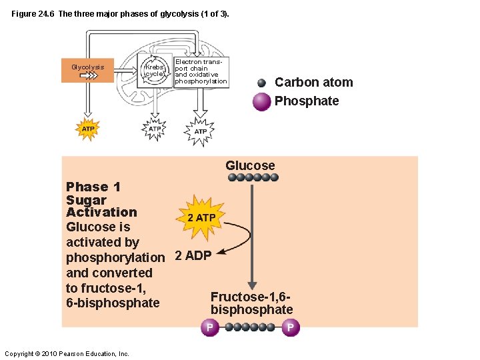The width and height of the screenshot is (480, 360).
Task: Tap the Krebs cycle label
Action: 155,71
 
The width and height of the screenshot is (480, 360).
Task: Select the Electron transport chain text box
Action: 200,71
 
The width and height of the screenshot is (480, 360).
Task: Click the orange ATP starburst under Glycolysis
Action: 88,128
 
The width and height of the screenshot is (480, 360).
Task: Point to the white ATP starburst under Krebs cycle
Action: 154,129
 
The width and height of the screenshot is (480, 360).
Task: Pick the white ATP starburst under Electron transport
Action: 200,131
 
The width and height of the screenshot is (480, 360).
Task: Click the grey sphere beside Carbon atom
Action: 262,83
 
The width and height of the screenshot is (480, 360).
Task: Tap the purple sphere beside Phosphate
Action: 262,101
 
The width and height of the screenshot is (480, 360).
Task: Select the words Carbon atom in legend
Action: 313,83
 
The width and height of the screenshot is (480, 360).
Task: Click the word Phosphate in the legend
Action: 307,101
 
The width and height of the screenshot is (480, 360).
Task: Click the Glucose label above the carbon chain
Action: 250,165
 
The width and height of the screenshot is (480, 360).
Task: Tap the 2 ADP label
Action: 193,256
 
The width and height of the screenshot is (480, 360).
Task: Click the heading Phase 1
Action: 93,187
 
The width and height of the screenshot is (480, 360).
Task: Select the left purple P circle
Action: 209,327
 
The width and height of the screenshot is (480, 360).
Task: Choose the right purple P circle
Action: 290,327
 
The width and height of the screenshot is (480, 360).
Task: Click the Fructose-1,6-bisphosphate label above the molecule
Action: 251,303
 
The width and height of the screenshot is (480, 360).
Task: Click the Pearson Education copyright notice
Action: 66,354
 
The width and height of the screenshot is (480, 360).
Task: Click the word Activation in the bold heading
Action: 101,213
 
